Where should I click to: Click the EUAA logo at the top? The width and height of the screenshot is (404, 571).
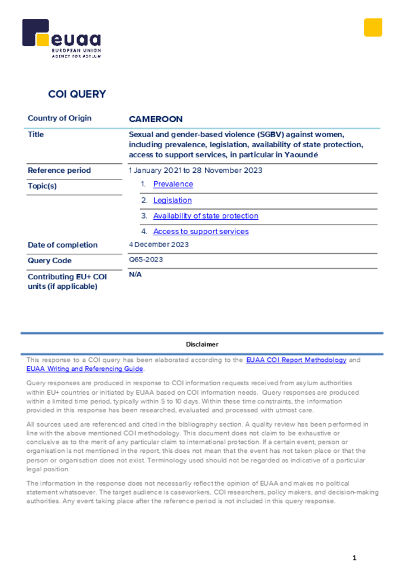pyautogui.click(x=61, y=38)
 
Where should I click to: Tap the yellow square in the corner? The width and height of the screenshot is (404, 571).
pyautogui.click(x=373, y=27)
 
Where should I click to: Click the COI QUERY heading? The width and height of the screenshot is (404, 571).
pyautogui.click(x=77, y=94)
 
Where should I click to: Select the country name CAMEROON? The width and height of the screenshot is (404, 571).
pyautogui.click(x=156, y=119)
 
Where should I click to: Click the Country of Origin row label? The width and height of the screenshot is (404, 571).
pyautogui.click(x=60, y=118)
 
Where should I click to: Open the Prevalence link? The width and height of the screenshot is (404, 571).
pyautogui.click(x=173, y=184)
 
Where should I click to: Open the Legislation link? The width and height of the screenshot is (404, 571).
pyautogui.click(x=172, y=200)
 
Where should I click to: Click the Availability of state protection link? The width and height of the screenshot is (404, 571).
pyautogui.click(x=205, y=216)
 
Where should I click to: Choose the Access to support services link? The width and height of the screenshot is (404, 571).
pyautogui.click(x=201, y=231)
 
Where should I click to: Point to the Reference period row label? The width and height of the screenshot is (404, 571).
pyautogui.click(x=59, y=171)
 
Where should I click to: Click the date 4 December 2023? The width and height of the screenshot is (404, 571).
pyautogui.click(x=158, y=244)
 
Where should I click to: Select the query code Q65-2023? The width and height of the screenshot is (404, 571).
pyautogui.click(x=146, y=260)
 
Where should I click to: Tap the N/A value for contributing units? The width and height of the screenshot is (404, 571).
pyautogui.click(x=135, y=275)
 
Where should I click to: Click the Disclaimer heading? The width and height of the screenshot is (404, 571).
pyautogui.click(x=202, y=345)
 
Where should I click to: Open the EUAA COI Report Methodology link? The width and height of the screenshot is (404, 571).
pyautogui.click(x=296, y=360)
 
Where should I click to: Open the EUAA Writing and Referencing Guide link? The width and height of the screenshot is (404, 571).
pyautogui.click(x=85, y=369)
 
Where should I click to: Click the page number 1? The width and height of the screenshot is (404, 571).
pyautogui.click(x=354, y=558)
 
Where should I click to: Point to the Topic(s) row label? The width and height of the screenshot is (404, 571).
pyautogui.click(x=42, y=186)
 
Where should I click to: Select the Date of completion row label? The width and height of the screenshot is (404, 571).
pyautogui.click(x=62, y=245)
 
